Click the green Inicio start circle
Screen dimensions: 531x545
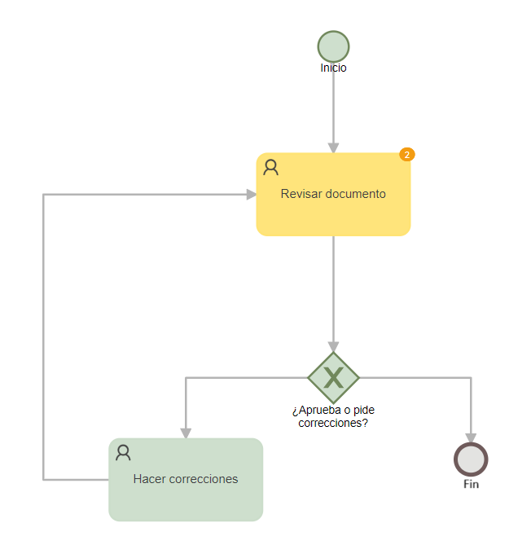pyautogui.click(x=333, y=46)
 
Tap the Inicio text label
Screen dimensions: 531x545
pyautogui.click(x=333, y=68)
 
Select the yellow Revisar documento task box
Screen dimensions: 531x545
pyautogui.click(x=333, y=195)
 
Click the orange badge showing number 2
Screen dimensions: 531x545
pyautogui.click(x=407, y=154)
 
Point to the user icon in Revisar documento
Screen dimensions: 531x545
pyautogui.click(x=270, y=167)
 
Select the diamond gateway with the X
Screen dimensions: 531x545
pyautogui.click(x=333, y=377)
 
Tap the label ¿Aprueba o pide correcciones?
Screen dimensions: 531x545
pyautogui.click(x=333, y=416)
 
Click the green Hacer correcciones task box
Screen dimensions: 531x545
pyautogui.click(x=186, y=480)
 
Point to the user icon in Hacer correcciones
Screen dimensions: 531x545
pyautogui.click(x=123, y=453)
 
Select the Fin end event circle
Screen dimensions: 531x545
pyautogui.click(x=471, y=459)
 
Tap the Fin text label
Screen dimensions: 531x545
pyautogui.click(x=471, y=484)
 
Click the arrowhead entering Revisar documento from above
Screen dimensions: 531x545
pyautogui.click(x=333, y=147)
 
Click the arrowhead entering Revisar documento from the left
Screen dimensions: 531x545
pyautogui.click(x=252, y=195)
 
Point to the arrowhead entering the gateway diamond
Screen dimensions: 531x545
pyautogui.click(x=333, y=346)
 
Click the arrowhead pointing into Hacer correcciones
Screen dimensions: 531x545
pyautogui.click(x=186, y=433)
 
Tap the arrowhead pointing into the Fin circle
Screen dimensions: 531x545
pyautogui.click(x=471, y=438)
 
